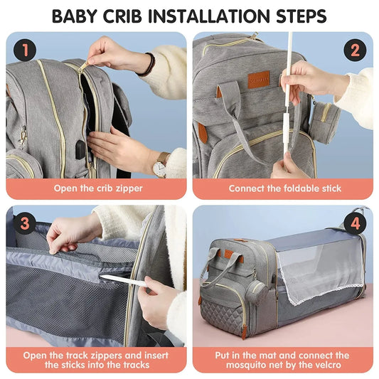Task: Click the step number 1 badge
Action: coord(26,50)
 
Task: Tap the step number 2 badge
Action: coord(353,50)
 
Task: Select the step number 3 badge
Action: coord(26,223)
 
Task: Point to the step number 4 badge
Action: coord(353,223)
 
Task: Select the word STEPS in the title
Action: coord(297,16)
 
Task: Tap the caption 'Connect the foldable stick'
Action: coord(284,188)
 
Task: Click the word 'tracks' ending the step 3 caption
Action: coord(133,365)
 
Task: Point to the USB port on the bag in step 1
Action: coord(80,149)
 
